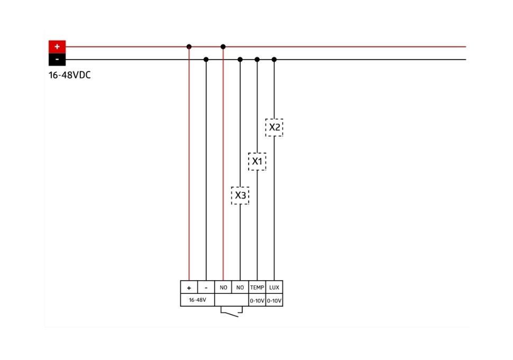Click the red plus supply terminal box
(57, 47)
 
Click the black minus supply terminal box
(57, 60)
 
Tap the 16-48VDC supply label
(69, 75)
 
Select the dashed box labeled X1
(257, 161)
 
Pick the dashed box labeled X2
(274, 127)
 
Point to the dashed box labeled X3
(240, 196)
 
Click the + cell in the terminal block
(189, 288)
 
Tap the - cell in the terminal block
(206, 288)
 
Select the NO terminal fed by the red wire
(223, 288)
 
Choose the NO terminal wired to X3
(240, 288)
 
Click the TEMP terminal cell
(257, 288)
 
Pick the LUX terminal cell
(274, 288)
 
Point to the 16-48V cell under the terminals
(197, 300)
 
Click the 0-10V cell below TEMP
(257, 301)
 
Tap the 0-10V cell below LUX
(274, 301)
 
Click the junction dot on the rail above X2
(274, 59)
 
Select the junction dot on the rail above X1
(257, 59)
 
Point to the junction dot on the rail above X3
(240, 59)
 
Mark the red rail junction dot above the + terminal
(189, 47)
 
